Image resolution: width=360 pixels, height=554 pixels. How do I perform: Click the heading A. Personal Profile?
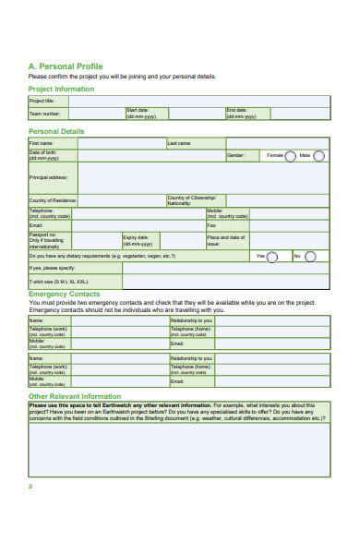[x=66, y=66]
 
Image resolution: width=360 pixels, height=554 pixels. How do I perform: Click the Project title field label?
[x=42, y=101]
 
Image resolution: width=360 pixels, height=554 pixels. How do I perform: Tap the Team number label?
[x=44, y=114]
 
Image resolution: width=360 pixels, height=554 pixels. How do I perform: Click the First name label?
[x=41, y=144]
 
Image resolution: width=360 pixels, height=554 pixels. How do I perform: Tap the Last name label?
[x=179, y=144]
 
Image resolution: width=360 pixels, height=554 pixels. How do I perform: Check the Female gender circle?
[x=291, y=156]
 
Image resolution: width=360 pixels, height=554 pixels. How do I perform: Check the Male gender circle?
[x=319, y=156]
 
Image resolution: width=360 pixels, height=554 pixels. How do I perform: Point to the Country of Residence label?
[x=51, y=200]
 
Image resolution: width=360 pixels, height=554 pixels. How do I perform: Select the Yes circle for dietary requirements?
[x=272, y=256]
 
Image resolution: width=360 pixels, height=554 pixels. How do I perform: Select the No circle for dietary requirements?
[x=310, y=256]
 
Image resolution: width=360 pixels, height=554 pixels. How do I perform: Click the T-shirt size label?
[x=58, y=281]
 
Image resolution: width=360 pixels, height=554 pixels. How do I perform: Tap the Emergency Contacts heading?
[x=65, y=294]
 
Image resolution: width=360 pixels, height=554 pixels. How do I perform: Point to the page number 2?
[x=30, y=486]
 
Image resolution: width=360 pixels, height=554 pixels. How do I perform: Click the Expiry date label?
[x=137, y=239]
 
